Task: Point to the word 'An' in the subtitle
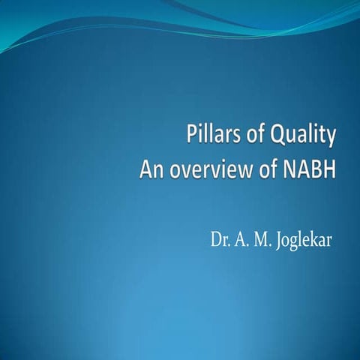152,171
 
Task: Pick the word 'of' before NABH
259,171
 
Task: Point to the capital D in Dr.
216,241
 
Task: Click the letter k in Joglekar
316,241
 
